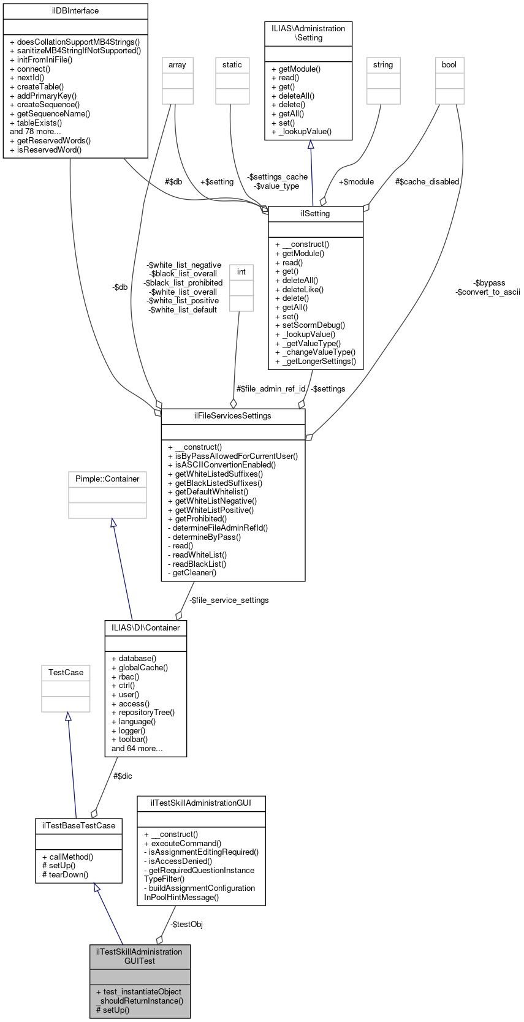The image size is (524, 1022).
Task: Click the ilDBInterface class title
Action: pyautogui.click(x=75, y=11)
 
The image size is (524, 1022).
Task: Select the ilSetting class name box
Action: pyautogui.click(x=316, y=214)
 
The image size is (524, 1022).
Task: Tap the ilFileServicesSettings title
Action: pyautogui.click(x=233, y=416)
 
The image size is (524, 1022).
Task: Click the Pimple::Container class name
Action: pyautogui.click(x=107, y=479)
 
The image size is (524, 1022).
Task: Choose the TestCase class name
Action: pyautogui.click(x=66, y=673)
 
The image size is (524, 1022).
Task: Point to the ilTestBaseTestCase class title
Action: pyautogui.click(x=78, y=826)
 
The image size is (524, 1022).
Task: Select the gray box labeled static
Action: pyautogui.click(x=232, y=65)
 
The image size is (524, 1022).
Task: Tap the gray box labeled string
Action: pyautogui.click(x=383, y=65)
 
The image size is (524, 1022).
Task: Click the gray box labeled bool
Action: pyautogui.click(x=449, y=65)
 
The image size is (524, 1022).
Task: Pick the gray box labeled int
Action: pyautogui.click(x=241, y=272)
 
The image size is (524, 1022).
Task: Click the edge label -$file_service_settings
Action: pyautogui.click(x=229, y=600)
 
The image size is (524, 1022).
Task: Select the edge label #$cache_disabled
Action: pyautogui.click(x=427, y=182)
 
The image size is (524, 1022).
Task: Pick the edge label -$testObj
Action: pyautogui.click(x=186, y=925)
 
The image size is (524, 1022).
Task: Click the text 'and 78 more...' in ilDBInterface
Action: pyautogui.click(x=36, y=132)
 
